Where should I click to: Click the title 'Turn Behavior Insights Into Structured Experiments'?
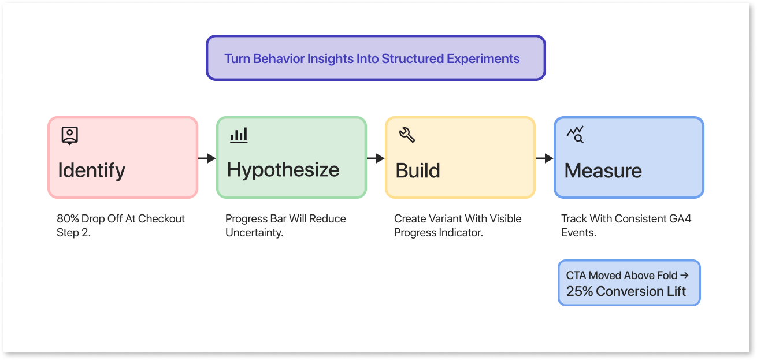tap(372, 59)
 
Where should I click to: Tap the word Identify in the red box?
tap(91, 170)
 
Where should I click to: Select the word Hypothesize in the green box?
tap(283, 170)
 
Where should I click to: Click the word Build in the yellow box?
tap(418, 170)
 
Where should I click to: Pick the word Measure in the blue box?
tap(603, 170)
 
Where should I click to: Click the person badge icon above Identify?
tap(69, 136)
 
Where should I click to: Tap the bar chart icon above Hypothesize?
tap(239, 136)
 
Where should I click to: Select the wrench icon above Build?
tap(407, 135)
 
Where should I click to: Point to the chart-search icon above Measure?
tap(576, 135)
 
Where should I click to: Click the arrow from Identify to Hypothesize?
tap(207, 158)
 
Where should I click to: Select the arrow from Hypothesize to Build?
tap(376, 158)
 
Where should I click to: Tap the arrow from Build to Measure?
tap(544, 158)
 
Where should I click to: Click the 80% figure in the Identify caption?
tap(68, 219)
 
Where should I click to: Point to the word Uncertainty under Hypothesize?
tap(254, 233)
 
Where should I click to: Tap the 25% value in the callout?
tap(580, 291)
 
